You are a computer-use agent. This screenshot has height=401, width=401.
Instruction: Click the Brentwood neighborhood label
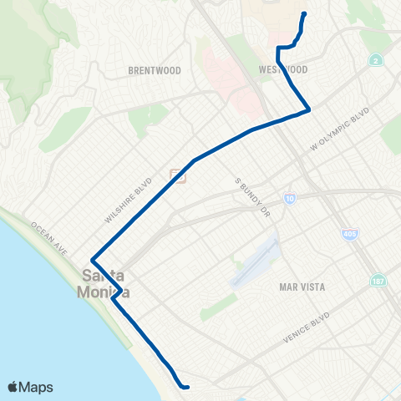150,71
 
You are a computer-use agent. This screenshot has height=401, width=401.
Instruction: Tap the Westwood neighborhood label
284,69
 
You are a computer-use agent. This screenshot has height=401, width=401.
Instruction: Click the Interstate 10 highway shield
289,198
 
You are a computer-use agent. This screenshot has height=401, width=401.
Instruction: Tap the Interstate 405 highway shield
346,234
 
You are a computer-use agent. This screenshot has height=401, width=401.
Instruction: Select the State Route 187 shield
379,280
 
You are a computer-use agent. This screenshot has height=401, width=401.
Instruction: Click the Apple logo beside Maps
13,386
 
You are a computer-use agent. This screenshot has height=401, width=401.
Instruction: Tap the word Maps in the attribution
37,386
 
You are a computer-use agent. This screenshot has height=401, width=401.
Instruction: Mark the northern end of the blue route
302,13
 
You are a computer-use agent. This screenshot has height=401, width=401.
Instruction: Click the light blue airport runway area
255,263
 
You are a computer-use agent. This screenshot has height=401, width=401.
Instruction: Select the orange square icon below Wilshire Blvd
177,175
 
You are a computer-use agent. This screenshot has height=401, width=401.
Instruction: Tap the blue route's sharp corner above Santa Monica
92,258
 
